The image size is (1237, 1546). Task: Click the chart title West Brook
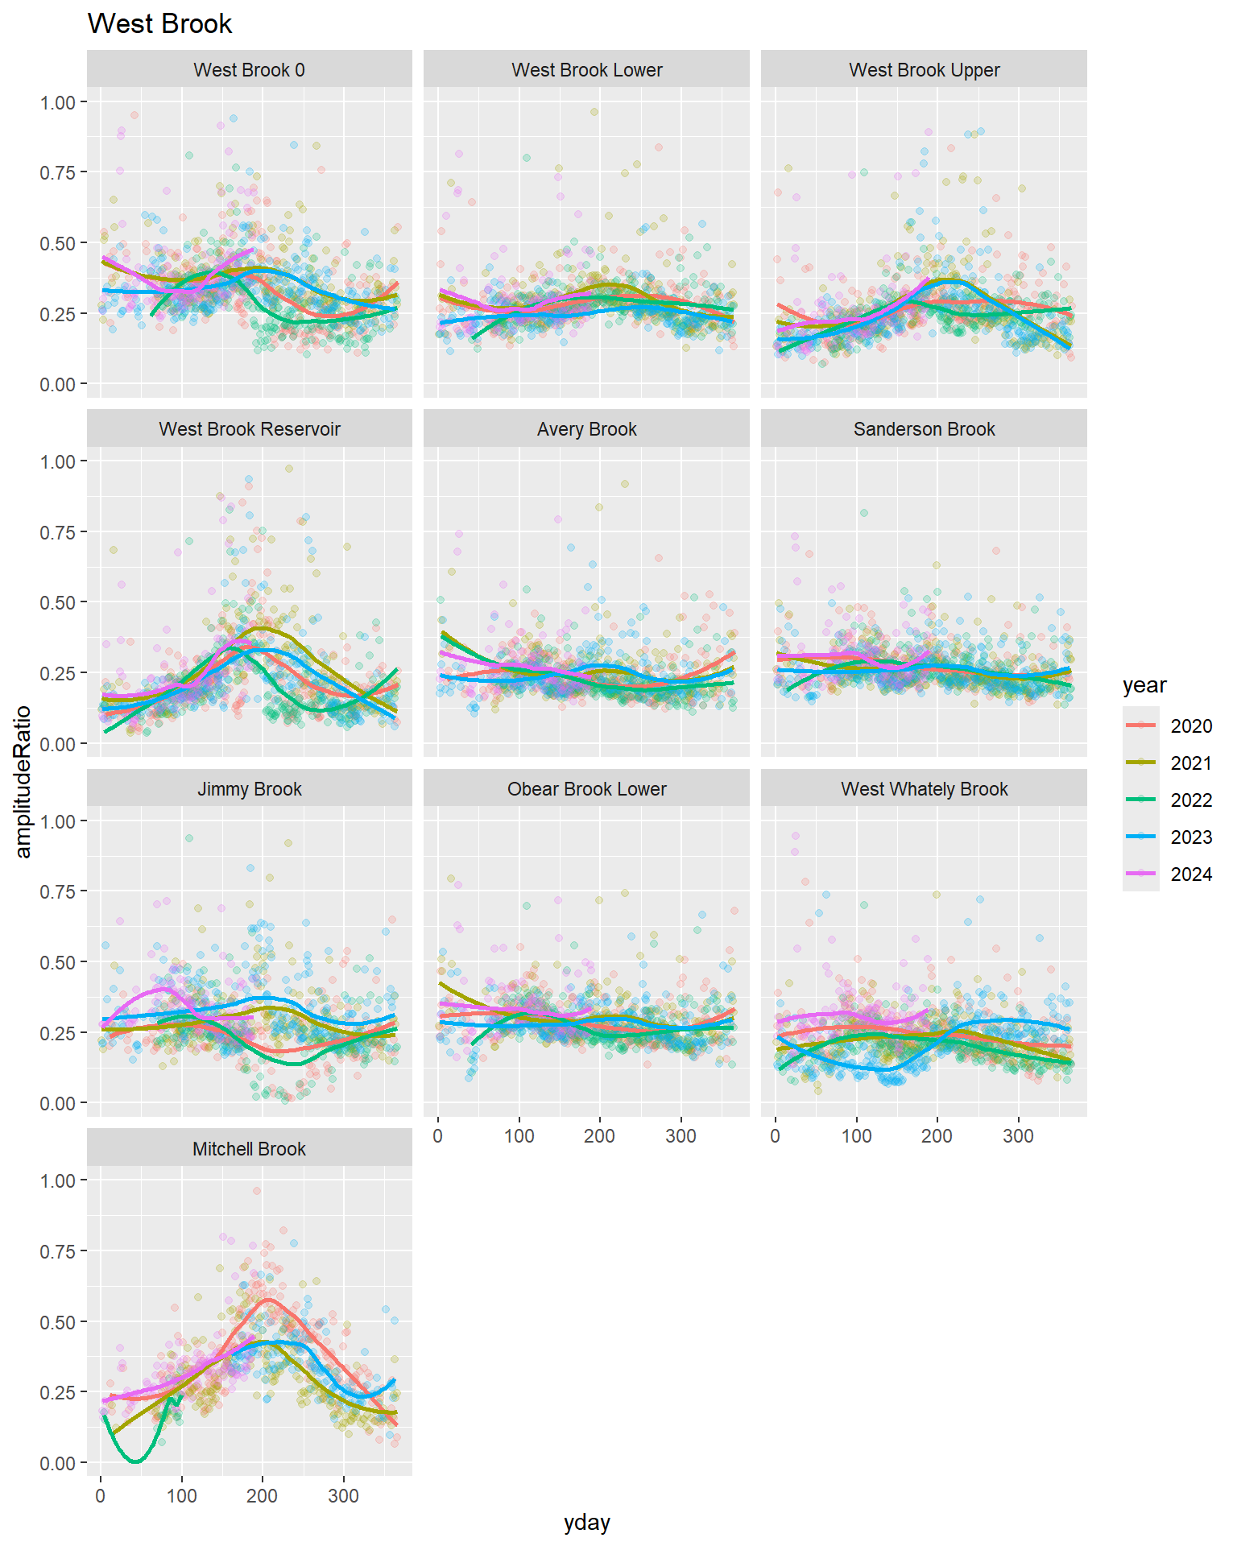pos(159,24)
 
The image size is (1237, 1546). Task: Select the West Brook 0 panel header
pos(249,70)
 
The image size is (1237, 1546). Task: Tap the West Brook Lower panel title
pos(586,70)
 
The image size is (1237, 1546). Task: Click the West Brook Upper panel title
pos(924,70)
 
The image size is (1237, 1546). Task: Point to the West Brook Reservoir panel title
pos(249,429)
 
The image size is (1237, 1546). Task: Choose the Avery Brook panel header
pos(586,429)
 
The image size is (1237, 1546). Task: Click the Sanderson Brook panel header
pos(924,429)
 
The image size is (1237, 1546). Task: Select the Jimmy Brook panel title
pos(249,789)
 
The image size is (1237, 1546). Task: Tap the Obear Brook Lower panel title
pos(586,789)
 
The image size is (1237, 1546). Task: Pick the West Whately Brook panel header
pos(924,789)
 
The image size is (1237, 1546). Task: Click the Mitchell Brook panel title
pos(249,1149)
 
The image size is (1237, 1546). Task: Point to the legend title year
pos(1144,685)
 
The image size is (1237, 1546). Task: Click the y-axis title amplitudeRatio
pos(23,782)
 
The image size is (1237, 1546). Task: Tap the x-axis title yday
pos(586,1523)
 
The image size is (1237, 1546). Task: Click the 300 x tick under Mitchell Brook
pos(343,1496)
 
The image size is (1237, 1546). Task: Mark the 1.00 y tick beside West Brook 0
pos(57,102)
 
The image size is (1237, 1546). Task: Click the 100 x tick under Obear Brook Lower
pos(519,1136)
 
